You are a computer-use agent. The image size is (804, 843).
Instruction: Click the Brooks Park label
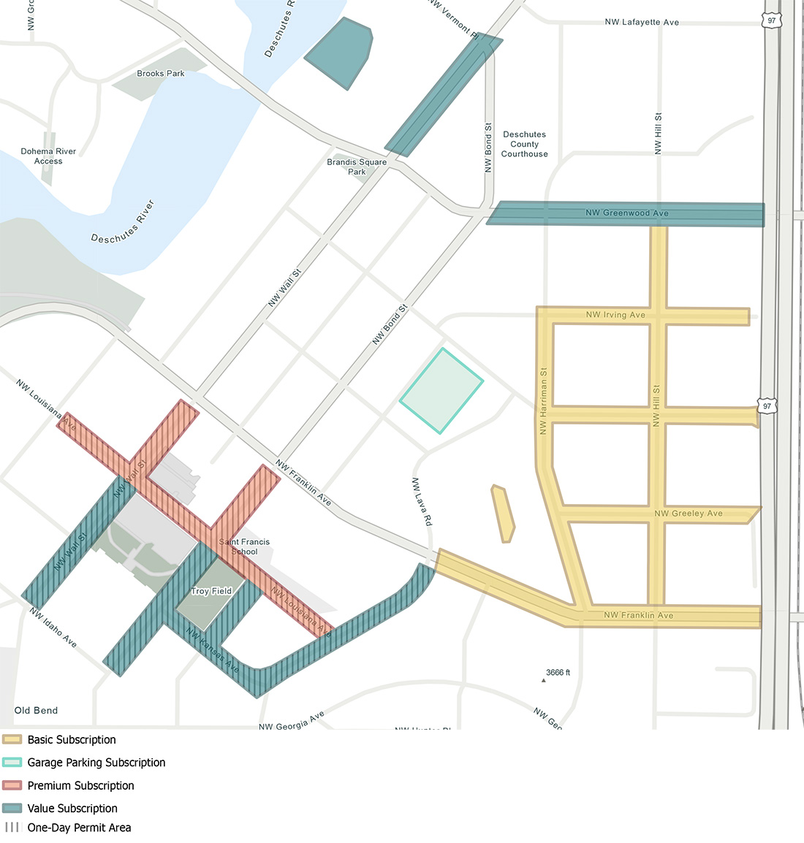click(x=161, y=74)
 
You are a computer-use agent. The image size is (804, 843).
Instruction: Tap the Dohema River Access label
click(x=48, y=156)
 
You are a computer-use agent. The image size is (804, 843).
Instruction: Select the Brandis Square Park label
click(x=357, y=167)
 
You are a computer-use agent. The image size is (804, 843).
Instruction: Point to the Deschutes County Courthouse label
click(x=524, y=145)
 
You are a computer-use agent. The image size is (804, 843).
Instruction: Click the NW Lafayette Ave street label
click(x=642, y=23)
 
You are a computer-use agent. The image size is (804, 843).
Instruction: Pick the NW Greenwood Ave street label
click(x=626, y=213)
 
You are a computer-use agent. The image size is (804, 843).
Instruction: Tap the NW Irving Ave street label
click(x=615, y=316)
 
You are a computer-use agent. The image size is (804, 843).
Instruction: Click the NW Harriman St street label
click(x=543, y=401)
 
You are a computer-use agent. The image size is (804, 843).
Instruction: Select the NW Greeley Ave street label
click(x=688, y=514)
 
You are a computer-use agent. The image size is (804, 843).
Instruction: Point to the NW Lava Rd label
click(x=422, y=502)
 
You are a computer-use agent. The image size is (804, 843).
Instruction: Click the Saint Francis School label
click(x=245, y=546)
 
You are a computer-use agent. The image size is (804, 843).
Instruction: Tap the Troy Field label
click(x=211, y=591)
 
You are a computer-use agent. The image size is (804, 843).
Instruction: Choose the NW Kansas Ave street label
click(x=212, y=650)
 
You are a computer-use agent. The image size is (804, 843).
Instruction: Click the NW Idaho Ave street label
click(x=53, y=627)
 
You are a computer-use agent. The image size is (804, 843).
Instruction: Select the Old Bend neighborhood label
click(x=36, y=710)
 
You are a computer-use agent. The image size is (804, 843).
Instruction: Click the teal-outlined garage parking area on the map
click(x=441, y=391)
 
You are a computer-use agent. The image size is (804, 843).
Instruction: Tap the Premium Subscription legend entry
click(x=80, y=785)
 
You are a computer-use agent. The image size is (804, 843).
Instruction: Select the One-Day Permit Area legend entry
click(x=79, y=828)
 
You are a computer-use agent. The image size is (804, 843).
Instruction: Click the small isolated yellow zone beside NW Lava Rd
click(x=503, y=514)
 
